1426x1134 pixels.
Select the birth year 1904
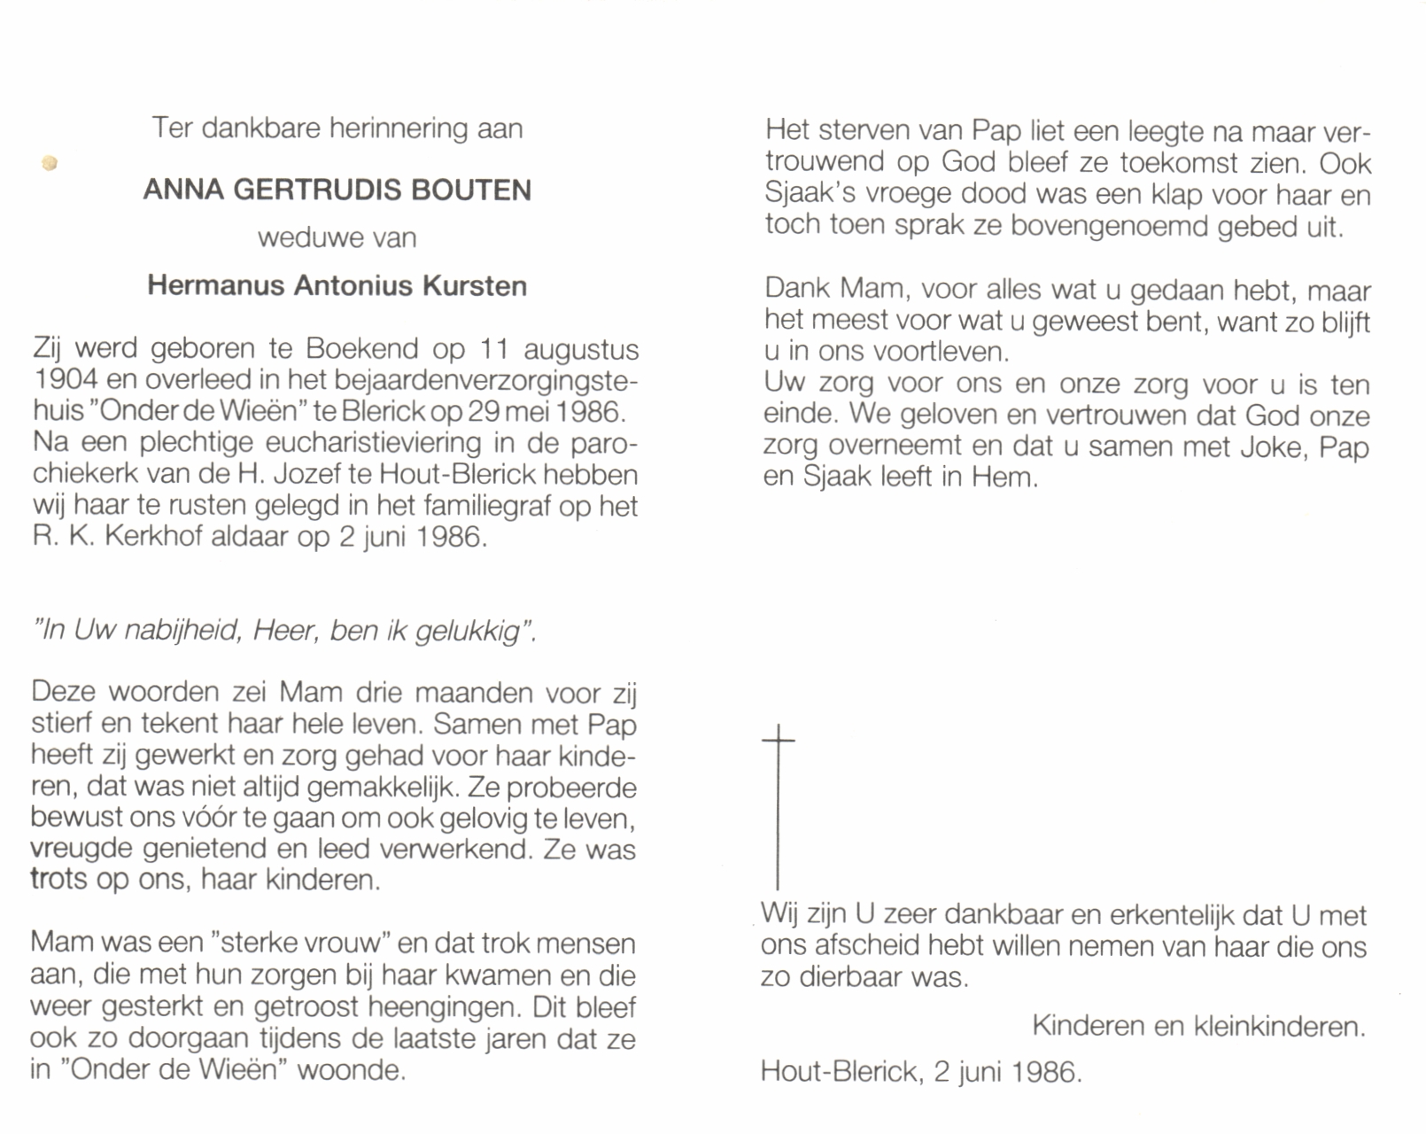pyautogui.click(x=65, y=381)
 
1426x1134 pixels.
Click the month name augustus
pyautogui.click(x=581, y=350)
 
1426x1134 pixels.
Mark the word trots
pyautogui.click(x=58, y=880)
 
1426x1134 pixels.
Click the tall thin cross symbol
pyautogui.click(x=778, y=806)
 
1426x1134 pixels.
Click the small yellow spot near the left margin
pyautogui.click(x=50, y=163)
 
